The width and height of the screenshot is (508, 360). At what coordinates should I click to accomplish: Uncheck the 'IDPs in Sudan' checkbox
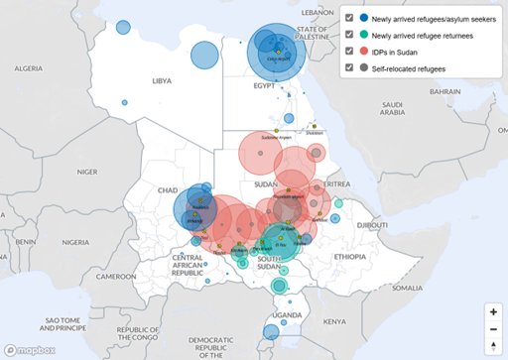[348, 52]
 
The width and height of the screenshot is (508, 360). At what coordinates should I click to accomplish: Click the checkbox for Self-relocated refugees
[348, 67]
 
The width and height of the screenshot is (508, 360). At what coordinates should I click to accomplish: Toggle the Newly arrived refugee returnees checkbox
[348, 35]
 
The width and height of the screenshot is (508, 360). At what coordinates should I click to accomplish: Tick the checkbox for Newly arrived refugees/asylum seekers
[348, 19]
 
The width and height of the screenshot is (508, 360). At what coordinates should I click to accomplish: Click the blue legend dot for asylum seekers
[364, 19]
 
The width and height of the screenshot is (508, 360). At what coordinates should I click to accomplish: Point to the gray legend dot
[364, 67]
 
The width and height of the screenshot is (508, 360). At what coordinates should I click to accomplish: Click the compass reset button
[493, 345]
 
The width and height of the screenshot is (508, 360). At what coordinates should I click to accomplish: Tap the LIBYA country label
[162, 81]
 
